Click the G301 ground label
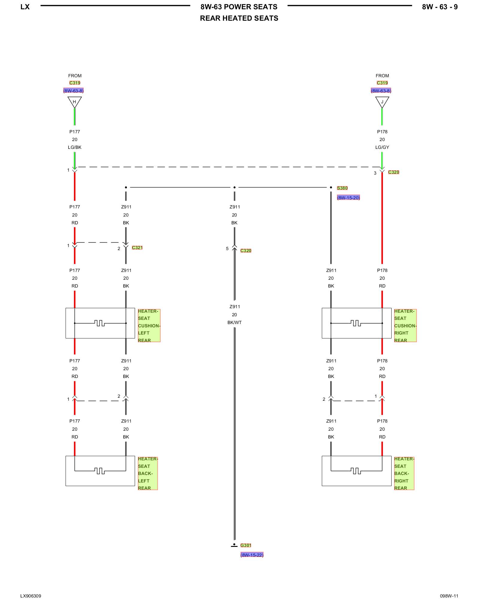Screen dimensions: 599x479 [245, 545]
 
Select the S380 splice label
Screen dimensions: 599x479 [342, 188]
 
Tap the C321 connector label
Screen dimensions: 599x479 [137, 248]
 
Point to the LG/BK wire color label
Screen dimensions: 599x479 [75, 147]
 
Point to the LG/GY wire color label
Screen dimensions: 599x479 [382, 147]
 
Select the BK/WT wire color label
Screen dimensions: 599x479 [234, 323]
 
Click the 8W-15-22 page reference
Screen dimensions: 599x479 [252, 555]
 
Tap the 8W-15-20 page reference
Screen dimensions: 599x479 [348, 198]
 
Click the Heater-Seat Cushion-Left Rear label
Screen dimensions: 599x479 [149, 326]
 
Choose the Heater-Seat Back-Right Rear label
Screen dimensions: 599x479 [404, 473]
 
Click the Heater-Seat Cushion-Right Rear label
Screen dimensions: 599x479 [405, 326]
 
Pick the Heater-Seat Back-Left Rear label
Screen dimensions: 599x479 [147, 473]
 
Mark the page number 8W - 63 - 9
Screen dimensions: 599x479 [439, 7]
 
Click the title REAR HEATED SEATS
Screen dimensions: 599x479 [239, 18]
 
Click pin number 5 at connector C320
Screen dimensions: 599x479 [227, 249]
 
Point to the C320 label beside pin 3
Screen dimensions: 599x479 [393, 172]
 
